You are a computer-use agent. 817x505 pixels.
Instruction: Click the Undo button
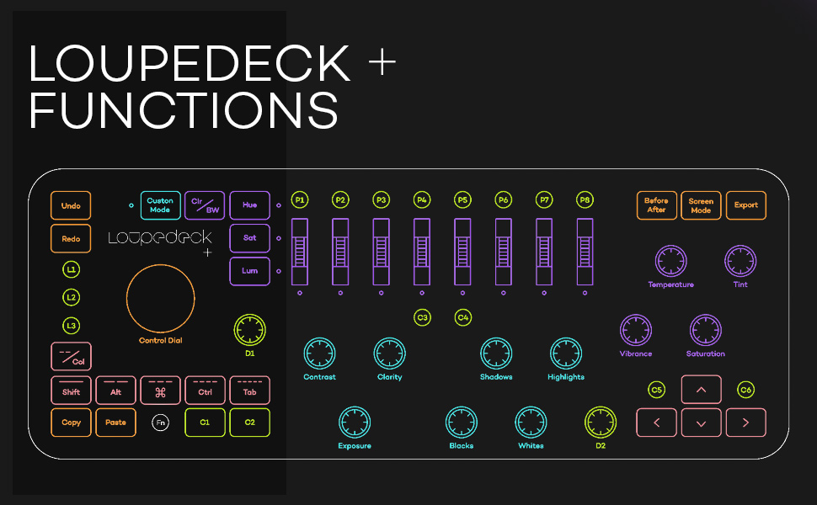(x=71, y=205)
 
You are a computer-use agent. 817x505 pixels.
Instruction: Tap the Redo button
(x=71, y=239)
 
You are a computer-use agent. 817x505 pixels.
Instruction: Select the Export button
(x=745, y=205)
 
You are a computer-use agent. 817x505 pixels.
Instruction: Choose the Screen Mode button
(x=701, y=205)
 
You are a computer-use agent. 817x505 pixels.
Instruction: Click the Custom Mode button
(x=160, y=205)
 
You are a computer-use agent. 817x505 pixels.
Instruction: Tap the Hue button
(x=249, y=205)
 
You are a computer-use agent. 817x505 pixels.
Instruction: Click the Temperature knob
(x=670, y=262)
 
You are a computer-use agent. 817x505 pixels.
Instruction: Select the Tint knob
(x=740, y=262)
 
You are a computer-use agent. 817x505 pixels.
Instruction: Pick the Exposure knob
(x=355, y=423)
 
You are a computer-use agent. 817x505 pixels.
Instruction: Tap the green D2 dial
(x=601, y=423)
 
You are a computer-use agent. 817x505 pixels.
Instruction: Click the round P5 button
(x=462, y=199)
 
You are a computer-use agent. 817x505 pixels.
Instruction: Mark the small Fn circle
(x=160, y=423)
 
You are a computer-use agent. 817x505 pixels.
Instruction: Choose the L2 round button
(x=72, y=297)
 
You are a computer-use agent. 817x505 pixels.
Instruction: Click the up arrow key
(x=701, y=390)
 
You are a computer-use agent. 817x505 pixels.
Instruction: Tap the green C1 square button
(x=205, y=423)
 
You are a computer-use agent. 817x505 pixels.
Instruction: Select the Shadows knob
(x=496, y=354)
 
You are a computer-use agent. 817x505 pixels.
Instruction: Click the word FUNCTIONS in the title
(x=184, y=110)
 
